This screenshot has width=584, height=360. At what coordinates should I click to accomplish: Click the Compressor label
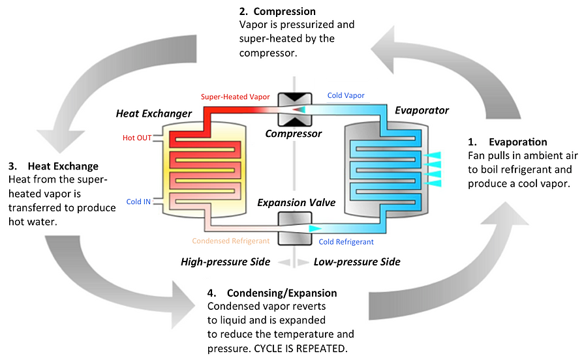tap(293, 134)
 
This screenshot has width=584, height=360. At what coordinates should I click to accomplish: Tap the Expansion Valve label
tap(296, 203)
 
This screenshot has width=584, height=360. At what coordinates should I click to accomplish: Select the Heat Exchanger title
tap(154, 113)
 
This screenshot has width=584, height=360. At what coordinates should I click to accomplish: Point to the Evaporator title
tap(422, 110)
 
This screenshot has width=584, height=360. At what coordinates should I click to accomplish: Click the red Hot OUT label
tap(137, 138)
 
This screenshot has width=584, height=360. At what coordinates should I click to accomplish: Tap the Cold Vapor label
tap(346, 95)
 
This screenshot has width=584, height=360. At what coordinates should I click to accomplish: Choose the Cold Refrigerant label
tap(346, 242)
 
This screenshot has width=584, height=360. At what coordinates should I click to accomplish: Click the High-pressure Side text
tap(225, 262)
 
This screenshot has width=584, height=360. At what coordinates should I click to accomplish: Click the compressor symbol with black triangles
tap(293, 110)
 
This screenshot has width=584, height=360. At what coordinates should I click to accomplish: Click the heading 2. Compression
tap(278, 11)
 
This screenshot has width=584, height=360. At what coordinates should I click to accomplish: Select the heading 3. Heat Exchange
tap(54, 166)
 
